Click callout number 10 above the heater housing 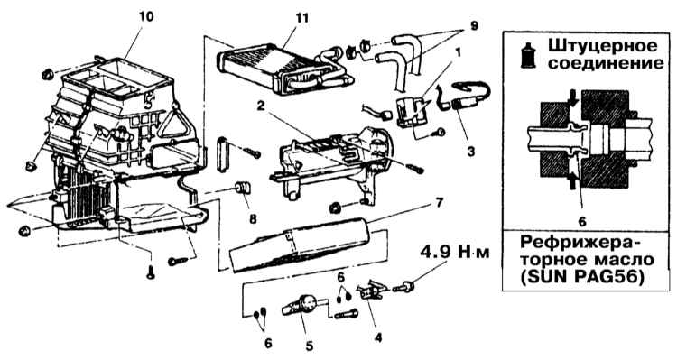click(x=147, y=17)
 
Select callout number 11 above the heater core click(x=302, y=18)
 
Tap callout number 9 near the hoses click(x=475, y=25)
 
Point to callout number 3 click(x=471, y=152)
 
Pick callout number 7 click(x=439, y=202)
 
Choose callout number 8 click(x=253, y=219)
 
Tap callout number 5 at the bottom click(x=309, y=346)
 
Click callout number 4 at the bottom click(x=378, y=337)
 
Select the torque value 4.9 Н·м click(x=455, y=252)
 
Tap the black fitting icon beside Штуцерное click(x=528, y=55)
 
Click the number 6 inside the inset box click(x=582, y=222)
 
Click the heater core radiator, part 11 click(x=285, y=70)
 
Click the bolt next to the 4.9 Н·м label click(x=403, y=287)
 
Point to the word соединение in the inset click(x=606, y=63)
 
